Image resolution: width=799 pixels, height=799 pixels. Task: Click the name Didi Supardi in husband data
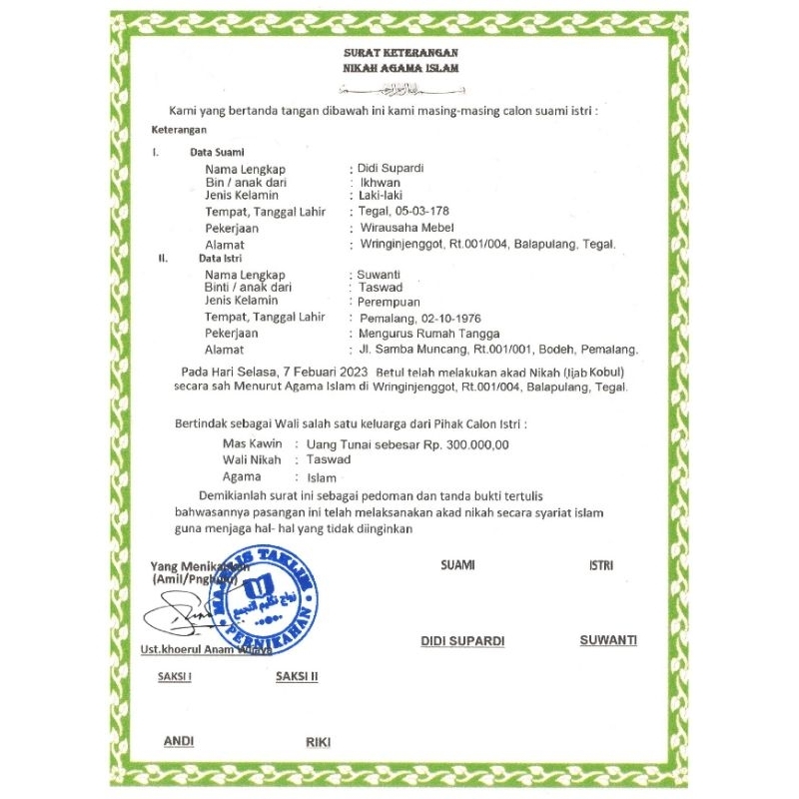(x=391, y=168)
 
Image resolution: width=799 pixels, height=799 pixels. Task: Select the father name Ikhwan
(x=381, y=183)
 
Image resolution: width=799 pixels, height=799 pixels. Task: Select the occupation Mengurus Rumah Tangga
(x=429, y=333)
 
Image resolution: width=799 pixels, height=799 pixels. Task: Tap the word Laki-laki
(x=381, y=197)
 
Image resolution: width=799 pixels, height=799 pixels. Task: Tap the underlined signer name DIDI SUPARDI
(x=462, y=640)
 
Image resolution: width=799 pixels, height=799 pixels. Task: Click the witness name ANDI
(x=179, y=741)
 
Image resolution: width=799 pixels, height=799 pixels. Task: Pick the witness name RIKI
(x=318, y=742)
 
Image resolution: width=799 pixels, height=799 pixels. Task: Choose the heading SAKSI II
(x=297, y=676)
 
